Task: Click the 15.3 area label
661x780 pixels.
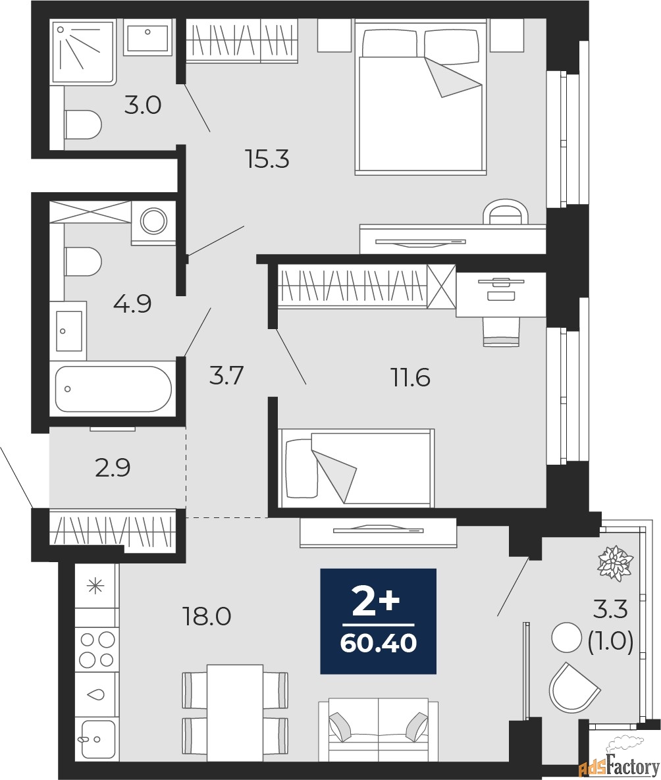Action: [267, 159]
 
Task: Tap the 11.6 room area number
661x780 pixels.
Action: [410, 378]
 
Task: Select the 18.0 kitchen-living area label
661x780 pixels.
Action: [207, 617]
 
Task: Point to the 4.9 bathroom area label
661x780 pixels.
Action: [132, 303]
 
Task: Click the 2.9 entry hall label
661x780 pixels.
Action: [113, 467]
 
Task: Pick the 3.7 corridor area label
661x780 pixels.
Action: [226, 376]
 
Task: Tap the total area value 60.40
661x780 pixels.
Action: [379, 644]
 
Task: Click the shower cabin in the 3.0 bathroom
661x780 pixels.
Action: [83, 51]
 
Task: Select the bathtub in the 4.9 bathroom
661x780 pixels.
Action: [113, 389]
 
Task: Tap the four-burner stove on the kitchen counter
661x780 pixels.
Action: [97, 648]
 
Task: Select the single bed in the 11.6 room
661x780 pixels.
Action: [356, 468]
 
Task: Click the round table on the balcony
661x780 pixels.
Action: [566, 638]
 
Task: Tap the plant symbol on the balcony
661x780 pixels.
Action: [616, 563]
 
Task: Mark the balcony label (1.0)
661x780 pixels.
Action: [611, 642]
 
